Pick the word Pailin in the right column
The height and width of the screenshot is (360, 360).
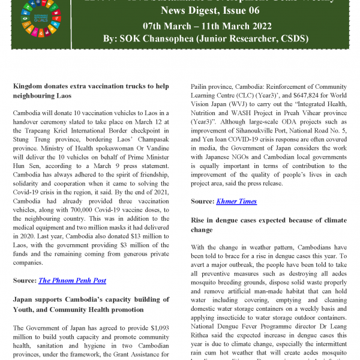[200, 86]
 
